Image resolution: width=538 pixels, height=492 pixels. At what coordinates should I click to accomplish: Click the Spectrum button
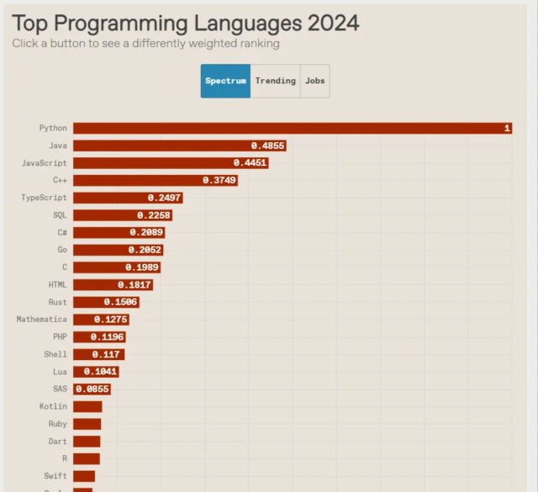(225, 81)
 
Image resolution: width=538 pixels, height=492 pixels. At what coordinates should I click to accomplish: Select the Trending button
(275, 81)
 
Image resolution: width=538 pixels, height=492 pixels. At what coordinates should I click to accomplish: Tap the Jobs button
(315, 81)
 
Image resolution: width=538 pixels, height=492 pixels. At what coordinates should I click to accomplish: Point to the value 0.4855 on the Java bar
(268, 145)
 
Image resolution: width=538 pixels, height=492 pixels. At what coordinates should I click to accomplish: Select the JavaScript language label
(44, 162)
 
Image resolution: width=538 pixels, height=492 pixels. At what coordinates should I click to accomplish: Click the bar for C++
(155, 180)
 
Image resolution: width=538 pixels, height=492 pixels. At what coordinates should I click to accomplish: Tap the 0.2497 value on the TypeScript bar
(164, 198)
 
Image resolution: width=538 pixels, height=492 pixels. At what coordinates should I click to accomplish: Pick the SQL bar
(122, 215)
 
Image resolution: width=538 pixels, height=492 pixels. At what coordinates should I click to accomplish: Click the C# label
(62, 232)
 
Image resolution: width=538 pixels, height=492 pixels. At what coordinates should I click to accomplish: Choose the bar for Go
(118, 250)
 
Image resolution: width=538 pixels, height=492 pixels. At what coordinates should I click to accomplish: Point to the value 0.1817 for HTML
(134, 285)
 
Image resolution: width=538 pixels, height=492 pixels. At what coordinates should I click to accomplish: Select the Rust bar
(105, 302)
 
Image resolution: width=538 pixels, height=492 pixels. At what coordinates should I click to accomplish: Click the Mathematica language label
(42, 320)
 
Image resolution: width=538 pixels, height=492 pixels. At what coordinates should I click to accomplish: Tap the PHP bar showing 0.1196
(99, 337)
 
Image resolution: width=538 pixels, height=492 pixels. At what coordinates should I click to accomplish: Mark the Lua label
(60, 372)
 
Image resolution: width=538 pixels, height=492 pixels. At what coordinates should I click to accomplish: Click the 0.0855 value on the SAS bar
(92, 389)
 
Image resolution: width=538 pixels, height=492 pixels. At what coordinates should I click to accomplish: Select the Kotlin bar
(87, 406)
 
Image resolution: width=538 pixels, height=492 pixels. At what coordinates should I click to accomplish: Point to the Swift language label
(55, 476)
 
